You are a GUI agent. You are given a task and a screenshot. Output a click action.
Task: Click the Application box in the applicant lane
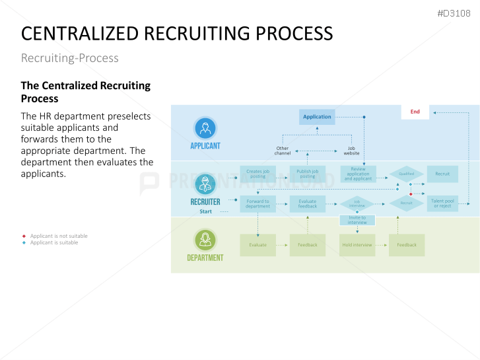[317, 117]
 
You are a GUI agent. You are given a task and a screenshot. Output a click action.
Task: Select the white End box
[415, 112]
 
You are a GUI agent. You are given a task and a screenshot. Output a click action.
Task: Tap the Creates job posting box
[257, 174]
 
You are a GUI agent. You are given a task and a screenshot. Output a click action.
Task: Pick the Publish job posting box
[307, 174]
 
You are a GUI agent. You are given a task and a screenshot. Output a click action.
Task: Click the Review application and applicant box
[358, 174]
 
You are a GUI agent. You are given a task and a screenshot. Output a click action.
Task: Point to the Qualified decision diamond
[406, 174]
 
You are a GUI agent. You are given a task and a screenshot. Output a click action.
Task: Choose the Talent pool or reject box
[442, 203]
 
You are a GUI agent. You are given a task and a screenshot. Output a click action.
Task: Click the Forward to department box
[257, 203]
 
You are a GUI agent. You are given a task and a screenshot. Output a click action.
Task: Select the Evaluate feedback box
[307, 203]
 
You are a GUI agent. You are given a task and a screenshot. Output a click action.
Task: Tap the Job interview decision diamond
[357, 203]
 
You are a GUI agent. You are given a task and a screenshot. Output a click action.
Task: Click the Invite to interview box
[357, 220]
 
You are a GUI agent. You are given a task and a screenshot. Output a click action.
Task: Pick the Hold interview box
[357, 245]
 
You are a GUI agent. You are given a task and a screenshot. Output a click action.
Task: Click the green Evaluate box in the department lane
[257, 245]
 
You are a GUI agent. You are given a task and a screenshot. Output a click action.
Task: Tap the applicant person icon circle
[205, 128]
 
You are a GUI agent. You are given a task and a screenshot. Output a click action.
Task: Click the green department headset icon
[205, 239]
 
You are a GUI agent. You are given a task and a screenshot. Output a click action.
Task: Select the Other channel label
[283, 151]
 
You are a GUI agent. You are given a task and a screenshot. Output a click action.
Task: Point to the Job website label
[351, 151]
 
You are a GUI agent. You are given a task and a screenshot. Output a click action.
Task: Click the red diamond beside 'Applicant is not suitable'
[24, 236]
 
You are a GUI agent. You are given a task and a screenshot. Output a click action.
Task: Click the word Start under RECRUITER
[206, 211]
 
